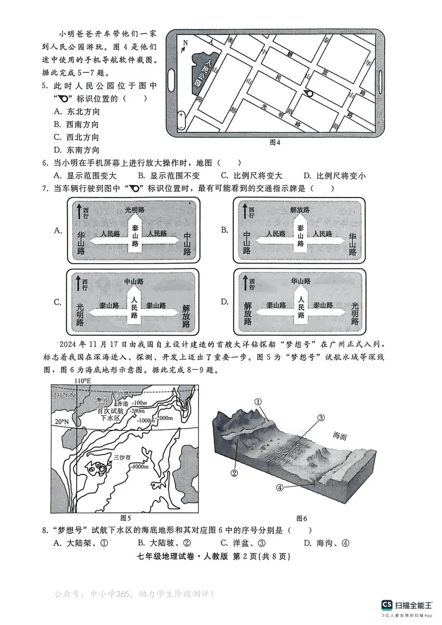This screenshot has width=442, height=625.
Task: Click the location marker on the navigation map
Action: tap(309, 94)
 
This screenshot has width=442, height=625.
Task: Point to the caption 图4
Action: tap(275, 143)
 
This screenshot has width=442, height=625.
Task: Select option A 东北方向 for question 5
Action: tap(77, 112)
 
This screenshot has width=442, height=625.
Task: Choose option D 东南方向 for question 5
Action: tap(77, 150)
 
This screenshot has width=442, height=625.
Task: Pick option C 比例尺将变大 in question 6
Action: tap(252, 176)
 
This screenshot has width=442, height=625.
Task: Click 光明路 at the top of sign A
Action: tap(135, 210)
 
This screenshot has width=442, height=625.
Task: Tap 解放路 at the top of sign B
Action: tap(300, 210)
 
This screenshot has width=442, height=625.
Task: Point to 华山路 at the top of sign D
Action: tap(301, 281)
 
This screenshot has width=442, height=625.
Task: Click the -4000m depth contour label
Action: tap(139, 466)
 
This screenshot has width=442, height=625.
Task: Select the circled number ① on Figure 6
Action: tap(257, 402)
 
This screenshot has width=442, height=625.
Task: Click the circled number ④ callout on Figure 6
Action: tap(280, 488)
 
